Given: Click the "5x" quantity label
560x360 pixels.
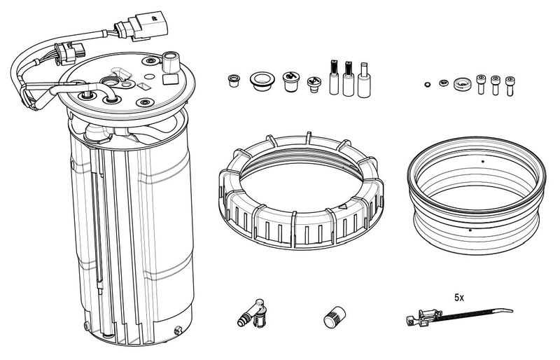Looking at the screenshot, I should click(x=459, y=298).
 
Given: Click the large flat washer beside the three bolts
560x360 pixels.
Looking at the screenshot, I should click(x=461, y=84).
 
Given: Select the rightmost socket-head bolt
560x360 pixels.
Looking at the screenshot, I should click(x=511, y=85).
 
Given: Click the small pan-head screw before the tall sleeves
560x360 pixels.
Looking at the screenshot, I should click(x=314, y=83).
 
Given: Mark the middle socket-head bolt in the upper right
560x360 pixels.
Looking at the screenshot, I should click(x=496, y=85).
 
